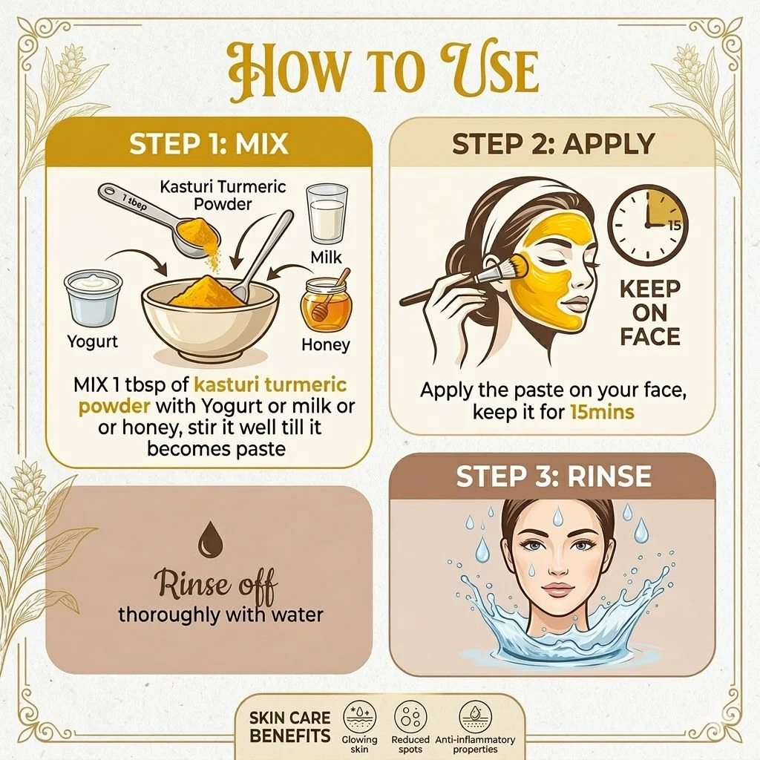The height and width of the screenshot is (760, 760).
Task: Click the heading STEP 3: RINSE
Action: pyautogui.click(x=554, y=476)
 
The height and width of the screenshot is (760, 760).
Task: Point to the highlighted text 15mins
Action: pyautogui.click(x=602, y=412)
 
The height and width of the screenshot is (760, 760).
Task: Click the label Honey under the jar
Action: pyautogui.click(x=326, y=344)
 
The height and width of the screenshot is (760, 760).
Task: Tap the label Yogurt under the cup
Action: pyautogui.click(x=93, y=341)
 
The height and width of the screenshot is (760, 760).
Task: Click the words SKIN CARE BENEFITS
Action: pyautogui.click(x=290, y=727)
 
